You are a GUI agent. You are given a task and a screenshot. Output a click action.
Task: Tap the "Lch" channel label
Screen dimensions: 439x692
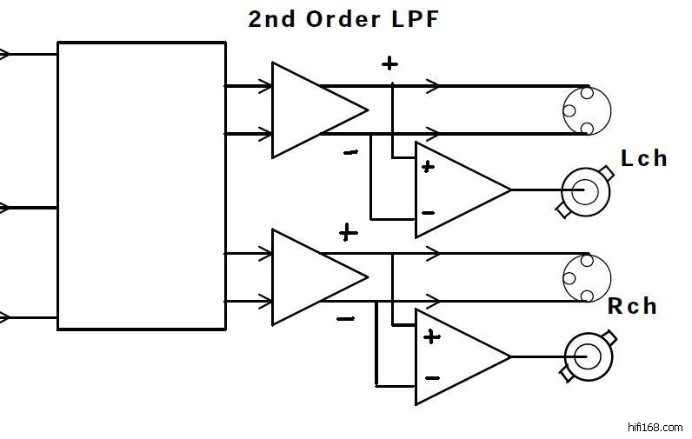[x=644, y=158]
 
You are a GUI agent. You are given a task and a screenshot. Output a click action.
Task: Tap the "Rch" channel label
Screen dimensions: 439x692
[x=632, y=306]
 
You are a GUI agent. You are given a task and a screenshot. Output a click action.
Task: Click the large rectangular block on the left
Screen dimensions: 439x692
[x=142, y=186]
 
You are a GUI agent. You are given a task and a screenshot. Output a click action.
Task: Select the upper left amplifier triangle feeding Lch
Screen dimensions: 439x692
[x=313, y=110]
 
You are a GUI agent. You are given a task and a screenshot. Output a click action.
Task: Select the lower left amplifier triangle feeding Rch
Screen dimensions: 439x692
[x=313, y=277]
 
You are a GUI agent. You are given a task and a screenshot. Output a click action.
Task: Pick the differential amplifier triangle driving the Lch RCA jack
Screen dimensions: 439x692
[x=457, y=190]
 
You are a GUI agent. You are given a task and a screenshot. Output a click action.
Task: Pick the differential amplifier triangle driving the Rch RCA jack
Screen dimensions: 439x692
[x=457, y=356]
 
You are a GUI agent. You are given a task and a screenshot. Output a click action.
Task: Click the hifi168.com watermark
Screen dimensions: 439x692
[x=655, y=427]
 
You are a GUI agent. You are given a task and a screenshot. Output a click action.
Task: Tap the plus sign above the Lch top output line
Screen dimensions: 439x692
[x=389, y=63]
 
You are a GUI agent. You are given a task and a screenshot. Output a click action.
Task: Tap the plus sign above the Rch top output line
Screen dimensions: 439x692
[x=348, y=232]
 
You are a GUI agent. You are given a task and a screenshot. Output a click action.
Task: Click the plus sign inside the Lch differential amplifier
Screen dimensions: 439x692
[x=428, y=167]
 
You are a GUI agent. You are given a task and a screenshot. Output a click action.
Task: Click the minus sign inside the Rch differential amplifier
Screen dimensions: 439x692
[x=432, y=378]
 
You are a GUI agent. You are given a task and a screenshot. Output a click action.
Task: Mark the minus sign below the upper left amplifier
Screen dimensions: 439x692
[x=350, y=153]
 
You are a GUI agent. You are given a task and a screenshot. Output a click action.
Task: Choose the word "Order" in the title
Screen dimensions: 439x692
[x=343, y=18]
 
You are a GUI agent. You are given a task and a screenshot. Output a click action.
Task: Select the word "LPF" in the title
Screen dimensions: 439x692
[x=415, y=18]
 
